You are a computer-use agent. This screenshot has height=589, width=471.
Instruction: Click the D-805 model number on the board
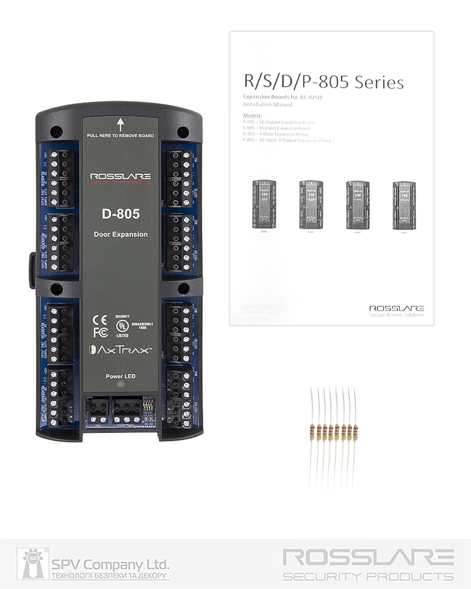(120, 213)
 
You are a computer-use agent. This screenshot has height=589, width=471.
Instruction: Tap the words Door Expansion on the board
(120, 234)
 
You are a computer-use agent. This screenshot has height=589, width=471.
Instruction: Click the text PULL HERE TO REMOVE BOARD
(120, 135)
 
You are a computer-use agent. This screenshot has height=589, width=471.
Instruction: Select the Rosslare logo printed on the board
(120, 177)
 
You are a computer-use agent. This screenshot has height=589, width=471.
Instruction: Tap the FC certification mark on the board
(99, 332)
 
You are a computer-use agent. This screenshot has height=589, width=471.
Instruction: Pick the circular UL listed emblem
(122, 324)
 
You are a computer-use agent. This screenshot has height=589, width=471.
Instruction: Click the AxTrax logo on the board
(120, 350)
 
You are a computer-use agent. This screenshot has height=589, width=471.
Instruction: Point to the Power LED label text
(120, 376)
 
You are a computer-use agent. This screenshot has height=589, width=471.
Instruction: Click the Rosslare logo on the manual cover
(396, 309)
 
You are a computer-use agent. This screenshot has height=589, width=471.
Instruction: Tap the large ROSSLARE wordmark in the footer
(369, 557)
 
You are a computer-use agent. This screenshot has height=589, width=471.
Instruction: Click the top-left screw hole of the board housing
(55, 131)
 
